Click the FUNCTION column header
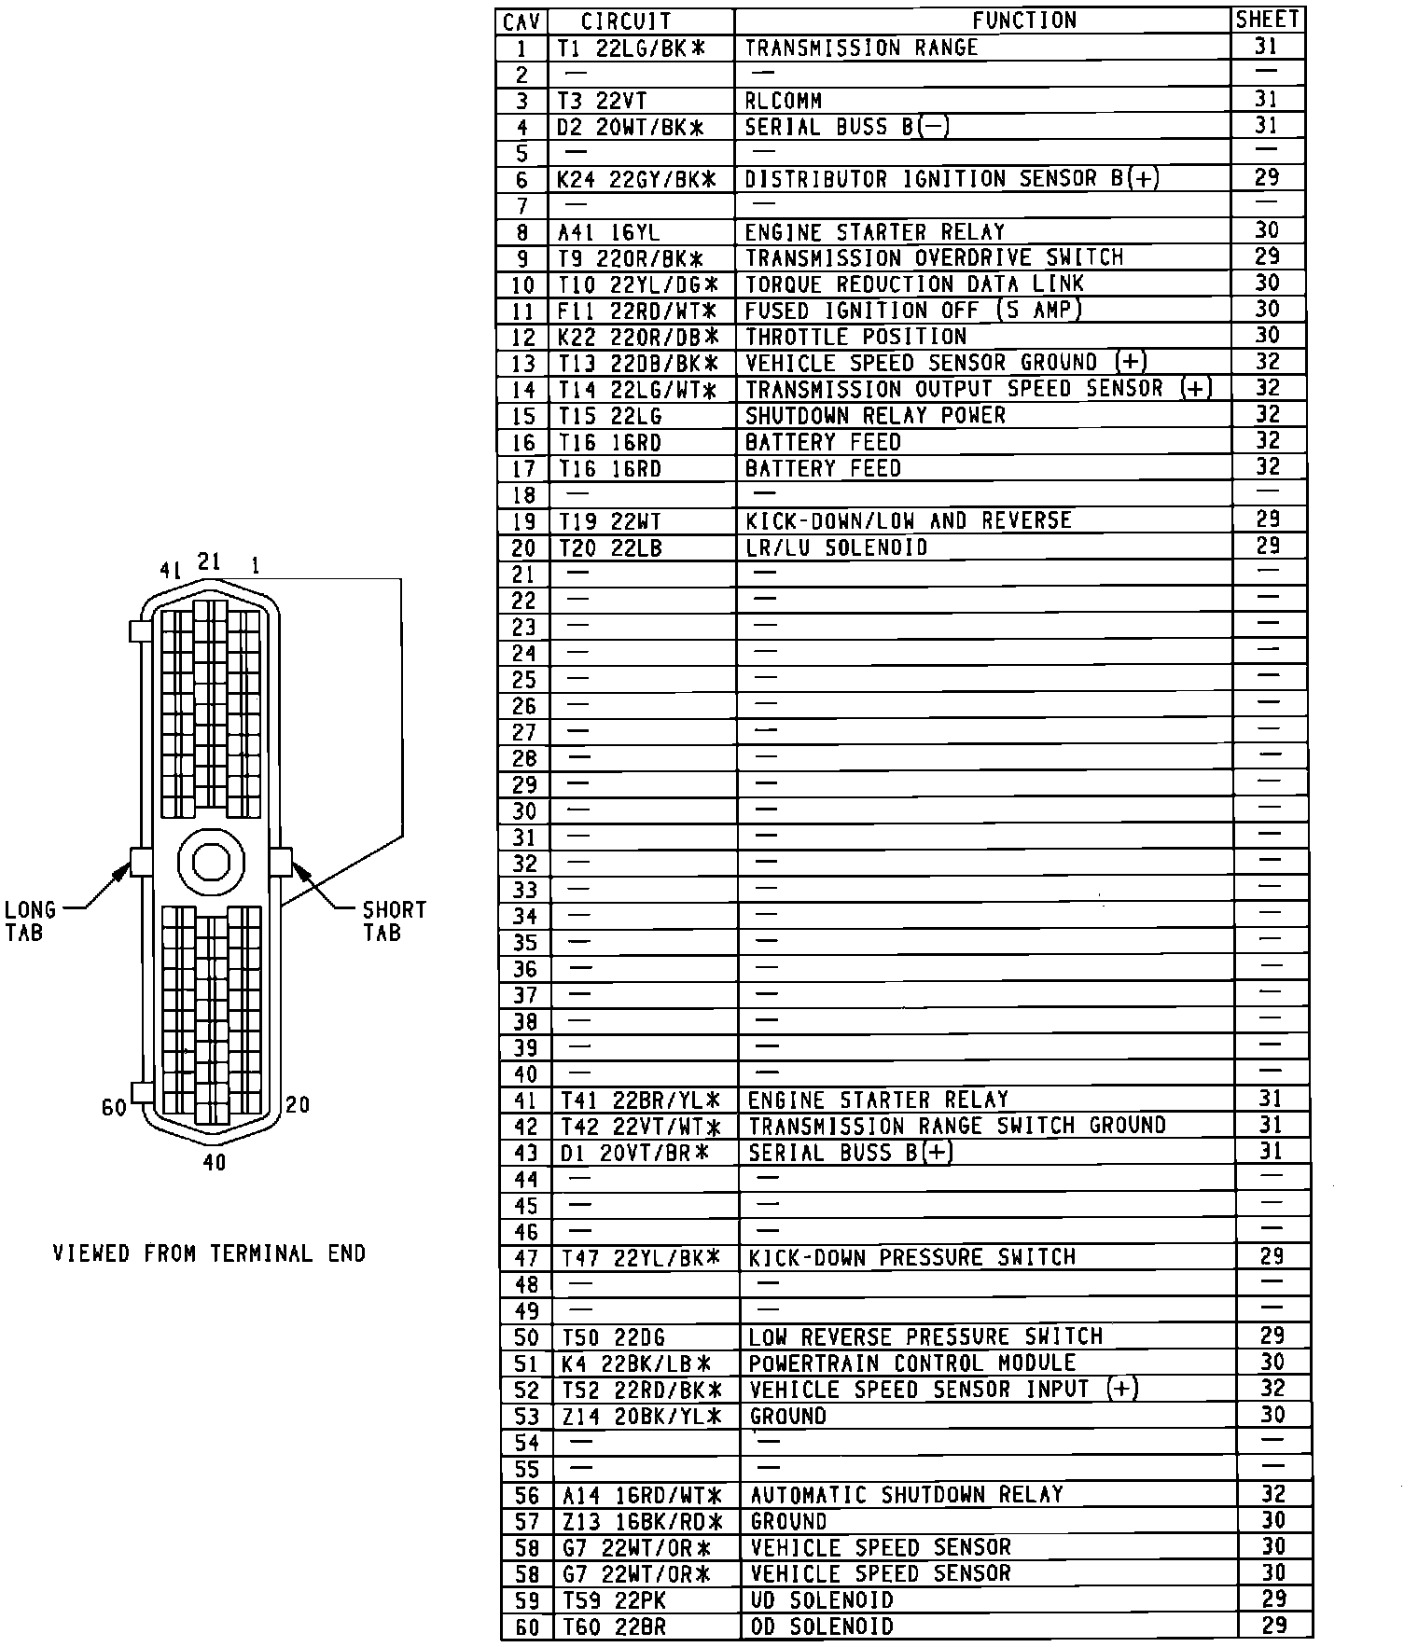(1023, 21)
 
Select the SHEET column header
(1267, 20)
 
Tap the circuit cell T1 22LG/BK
(631, 48)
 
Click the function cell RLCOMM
(783, 100)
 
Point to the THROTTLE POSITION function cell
(855, 336)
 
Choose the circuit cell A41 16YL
(608, 231)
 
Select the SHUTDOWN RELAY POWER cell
(875, 415)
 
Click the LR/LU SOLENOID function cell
(837, 547)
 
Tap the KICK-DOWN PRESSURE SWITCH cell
(911, 1257)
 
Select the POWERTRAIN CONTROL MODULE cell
(911, 1363)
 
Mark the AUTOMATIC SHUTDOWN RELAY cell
(906, 1495)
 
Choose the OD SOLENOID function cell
(821, 1626)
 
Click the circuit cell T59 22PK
(613, 1600)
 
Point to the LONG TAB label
(30, 920)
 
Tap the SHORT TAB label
(394, 920)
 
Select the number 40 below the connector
(214, 1162)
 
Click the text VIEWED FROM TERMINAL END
(209, 1253)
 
